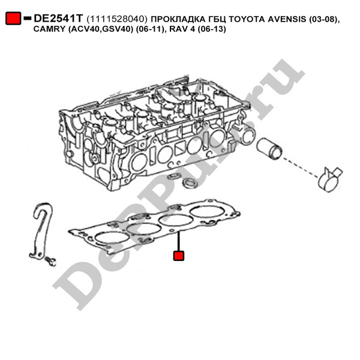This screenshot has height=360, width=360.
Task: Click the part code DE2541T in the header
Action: tap(58, 19)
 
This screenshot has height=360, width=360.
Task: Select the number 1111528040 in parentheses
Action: tap(117, 19)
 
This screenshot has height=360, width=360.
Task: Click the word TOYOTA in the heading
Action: tap(247, 19)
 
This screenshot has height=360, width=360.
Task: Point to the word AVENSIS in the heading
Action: tap(287, 19)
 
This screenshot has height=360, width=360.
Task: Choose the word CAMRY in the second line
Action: tap(49, 29)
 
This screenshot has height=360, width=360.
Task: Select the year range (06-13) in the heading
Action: tap(212, 29)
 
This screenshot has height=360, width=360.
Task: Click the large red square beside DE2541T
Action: tap(13, 19)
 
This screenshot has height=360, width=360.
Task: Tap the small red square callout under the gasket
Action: tap(179, 256)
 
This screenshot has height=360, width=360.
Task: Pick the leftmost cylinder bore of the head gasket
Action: tap(112, 238)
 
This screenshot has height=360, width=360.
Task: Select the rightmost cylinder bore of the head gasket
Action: tap(208, 211)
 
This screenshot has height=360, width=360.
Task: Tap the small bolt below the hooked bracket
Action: tap(50, 261)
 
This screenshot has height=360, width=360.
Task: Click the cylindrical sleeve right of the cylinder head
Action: tap(269, 148)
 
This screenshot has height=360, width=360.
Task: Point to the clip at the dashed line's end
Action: tap(329, 179)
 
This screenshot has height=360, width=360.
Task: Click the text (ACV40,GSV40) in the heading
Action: tap(101, 29)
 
